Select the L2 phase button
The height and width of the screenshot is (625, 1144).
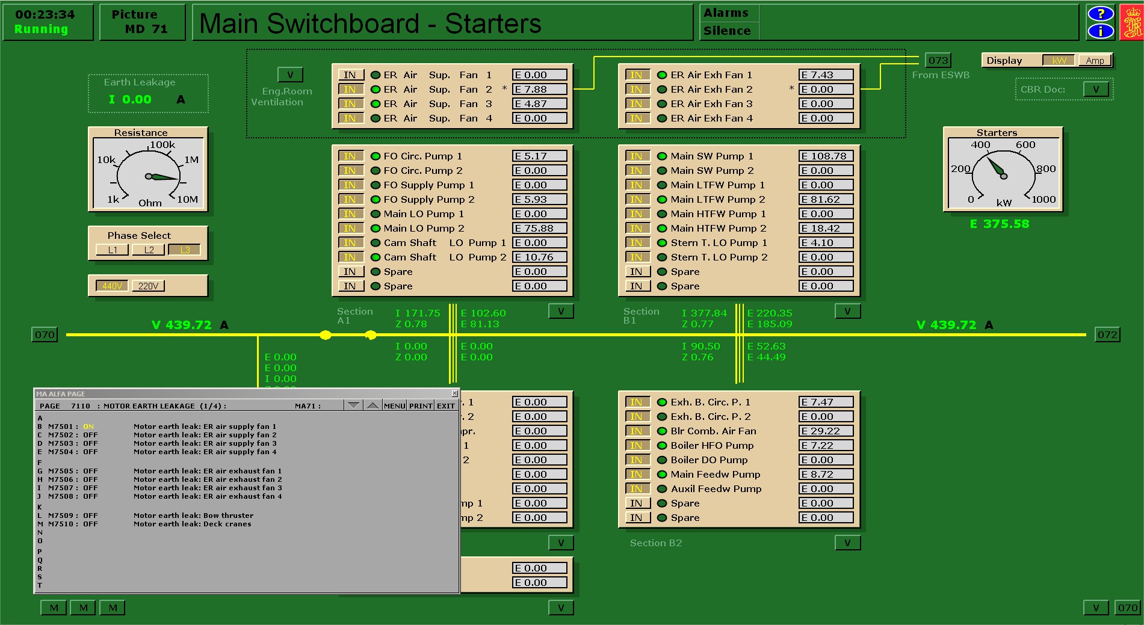pos(149,250)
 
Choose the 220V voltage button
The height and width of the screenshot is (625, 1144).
pos(148,286)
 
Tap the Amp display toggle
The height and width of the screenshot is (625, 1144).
pos(1095,60)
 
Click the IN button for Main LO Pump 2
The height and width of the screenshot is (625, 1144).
pos(350,228)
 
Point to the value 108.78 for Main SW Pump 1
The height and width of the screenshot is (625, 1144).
pos(826,156)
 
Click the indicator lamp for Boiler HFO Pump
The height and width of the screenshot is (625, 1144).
pos(662,446)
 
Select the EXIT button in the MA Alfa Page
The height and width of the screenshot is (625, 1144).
pos(446,405)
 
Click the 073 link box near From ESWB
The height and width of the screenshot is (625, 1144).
pos(938,60)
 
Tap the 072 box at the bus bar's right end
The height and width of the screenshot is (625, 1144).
pos(1107,334)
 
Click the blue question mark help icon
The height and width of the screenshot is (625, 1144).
pos(1101,14)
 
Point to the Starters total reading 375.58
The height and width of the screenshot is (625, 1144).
pos(1000,224)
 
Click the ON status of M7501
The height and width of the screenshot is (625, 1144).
pos(88,426)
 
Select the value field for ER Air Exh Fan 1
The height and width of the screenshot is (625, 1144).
pos(826,75)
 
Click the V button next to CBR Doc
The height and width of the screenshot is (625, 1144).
pos(1096,89)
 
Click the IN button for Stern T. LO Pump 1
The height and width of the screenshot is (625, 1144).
pos(637,242)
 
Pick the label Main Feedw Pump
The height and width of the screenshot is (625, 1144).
pos(716,475)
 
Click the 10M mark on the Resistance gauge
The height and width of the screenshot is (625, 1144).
pos(187,199)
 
